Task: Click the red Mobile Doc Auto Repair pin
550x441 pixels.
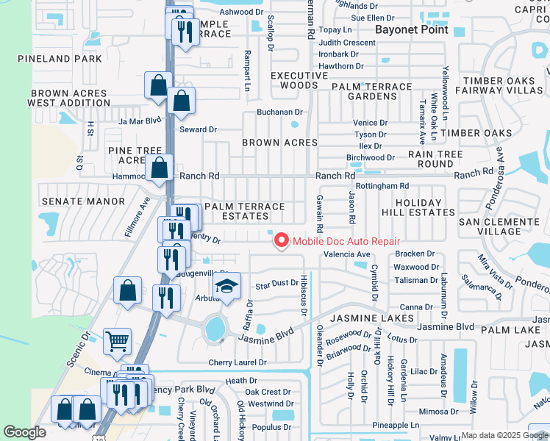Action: click(x=281, y=240)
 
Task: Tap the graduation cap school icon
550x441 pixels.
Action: click(x=227, y=287)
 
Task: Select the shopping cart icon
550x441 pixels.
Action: click(x=117, y=341)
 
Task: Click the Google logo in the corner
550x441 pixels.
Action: click(x=25, y=432)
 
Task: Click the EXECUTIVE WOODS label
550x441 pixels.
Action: click(x=299, y=81)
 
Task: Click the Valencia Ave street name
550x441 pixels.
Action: click(x=347, y=254)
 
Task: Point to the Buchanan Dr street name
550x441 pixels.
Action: click(x=279, y=112)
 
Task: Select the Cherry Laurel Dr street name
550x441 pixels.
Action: click(x=236, y=363)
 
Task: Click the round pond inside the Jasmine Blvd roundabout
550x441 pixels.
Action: click(x=215, y=329)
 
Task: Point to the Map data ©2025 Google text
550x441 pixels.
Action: click(x=504, y=435)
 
